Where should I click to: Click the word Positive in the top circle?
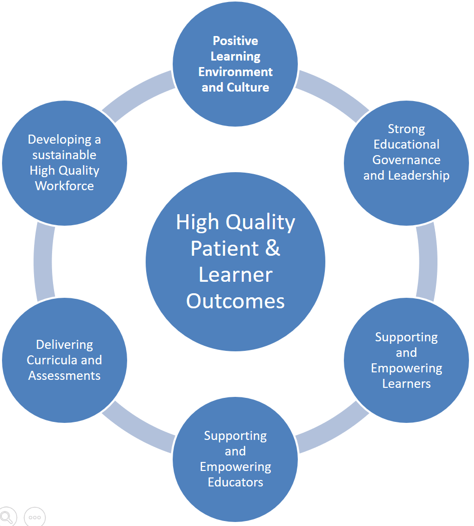pyautogui.click(x=235, y=41)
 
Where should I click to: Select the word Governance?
pyautogui.click(x=406, y=160)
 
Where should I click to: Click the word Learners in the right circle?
pyautogui.click(x=406, y=384)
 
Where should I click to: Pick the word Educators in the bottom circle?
pyautogui.click(x=235, y=482)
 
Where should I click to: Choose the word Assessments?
pyautogui.click(x=65, y=376)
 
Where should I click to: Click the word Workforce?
pyautogui.click(x=65, y=186)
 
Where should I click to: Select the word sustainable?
pyautogui.click(x=65, y=155)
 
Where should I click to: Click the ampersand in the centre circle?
pyautogui.click(x=273, y=248)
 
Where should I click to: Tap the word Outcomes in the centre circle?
pyautogui.click(x=235, y=301)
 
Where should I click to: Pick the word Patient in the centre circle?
pyautogui.click(x=225, y=248)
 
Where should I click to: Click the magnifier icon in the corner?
pyautogui.click(x=7, y=516)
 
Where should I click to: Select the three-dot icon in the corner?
pyautogui.click(x=35, y=517)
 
